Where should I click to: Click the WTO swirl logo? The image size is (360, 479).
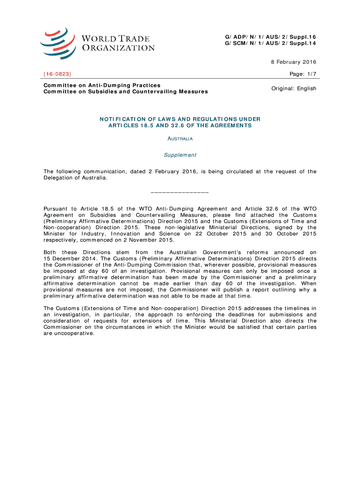point(58,43)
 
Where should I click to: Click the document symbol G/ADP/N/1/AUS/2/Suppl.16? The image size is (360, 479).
point(270,37)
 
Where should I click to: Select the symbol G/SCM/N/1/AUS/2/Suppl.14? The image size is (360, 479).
point(270,44)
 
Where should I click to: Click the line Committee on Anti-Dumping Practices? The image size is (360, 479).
point(102,85)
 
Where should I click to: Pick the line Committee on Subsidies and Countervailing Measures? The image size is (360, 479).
point(125,92)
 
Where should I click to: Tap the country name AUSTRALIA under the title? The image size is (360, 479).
point(180,139)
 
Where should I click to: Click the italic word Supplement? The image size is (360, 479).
point(180,155)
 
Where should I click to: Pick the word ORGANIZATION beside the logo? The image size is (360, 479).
point(119,48)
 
